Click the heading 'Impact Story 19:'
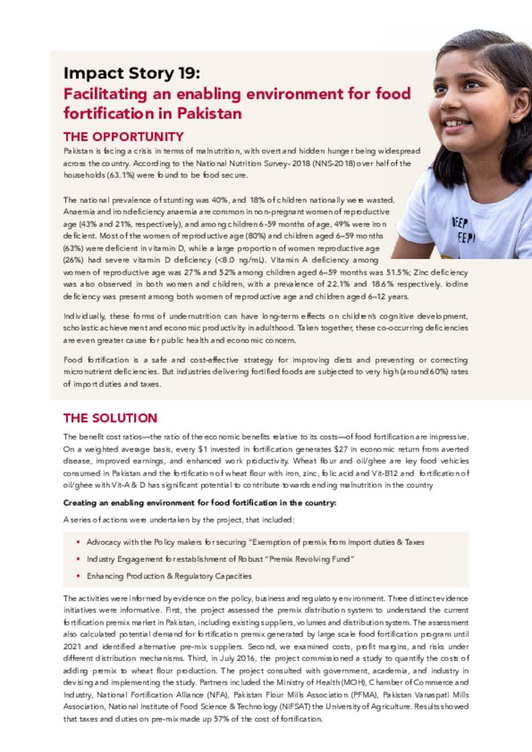pos(131,73)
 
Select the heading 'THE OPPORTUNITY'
pos(123,137)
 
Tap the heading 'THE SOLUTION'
pos(110,418)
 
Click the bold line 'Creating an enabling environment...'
pos(200,503)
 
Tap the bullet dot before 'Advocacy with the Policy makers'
pos(78,542)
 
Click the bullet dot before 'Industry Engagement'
pos(78,560)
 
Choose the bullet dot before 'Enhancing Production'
pos(78,576)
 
